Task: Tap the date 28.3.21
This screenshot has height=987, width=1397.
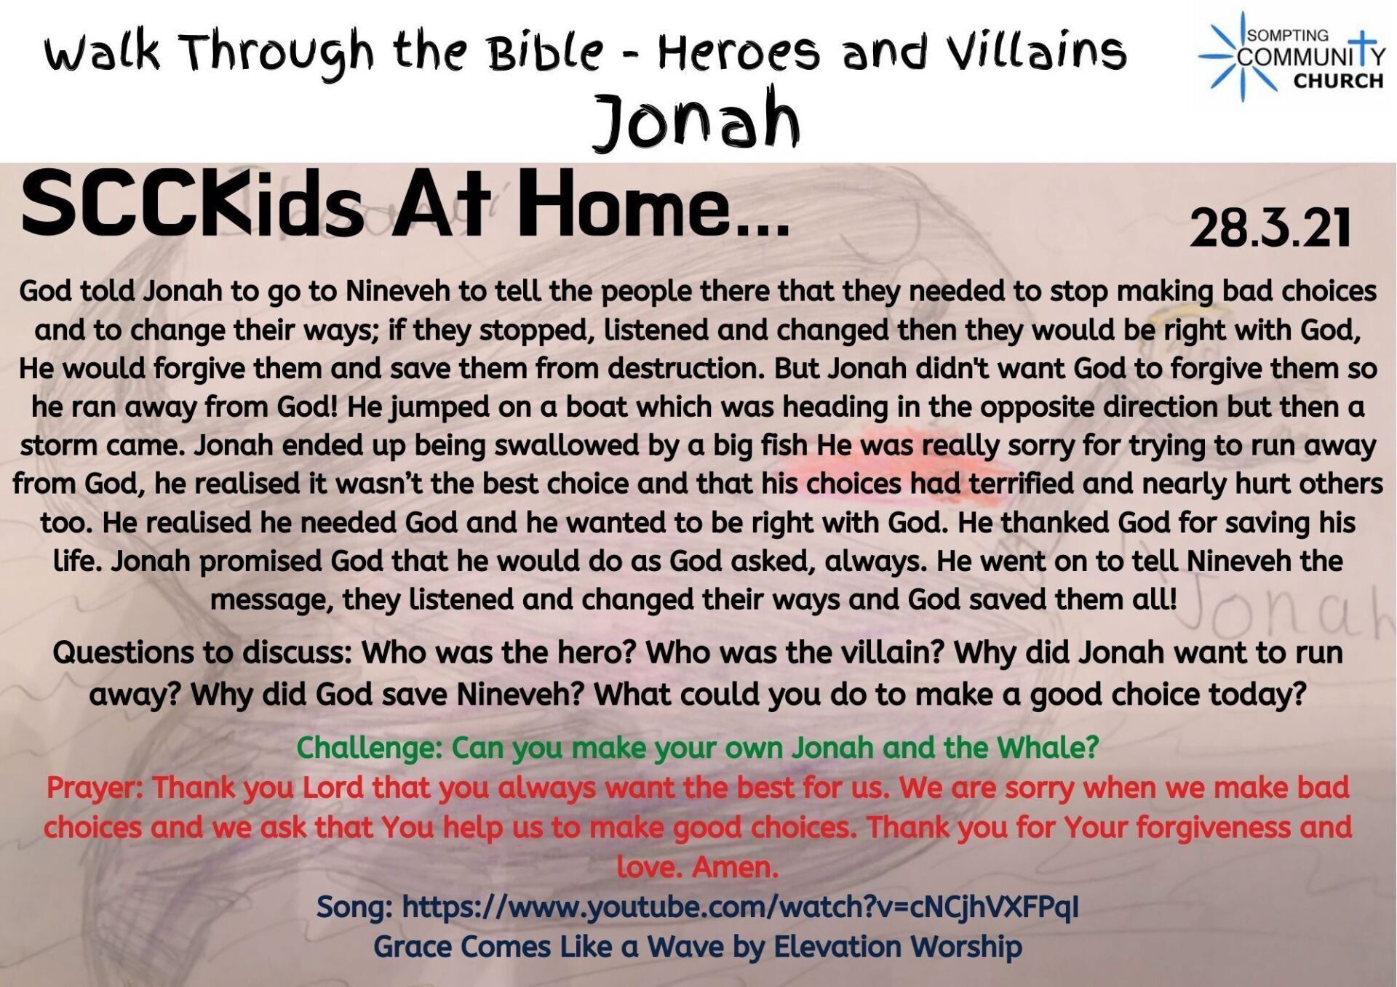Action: point(1270,228)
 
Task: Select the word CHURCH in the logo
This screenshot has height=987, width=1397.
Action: point(1338,81)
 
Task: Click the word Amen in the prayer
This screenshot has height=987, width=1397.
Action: point(736,867)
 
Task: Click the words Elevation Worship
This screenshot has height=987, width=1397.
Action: point(897,946)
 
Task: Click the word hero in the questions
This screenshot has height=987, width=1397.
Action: point(600,652)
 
